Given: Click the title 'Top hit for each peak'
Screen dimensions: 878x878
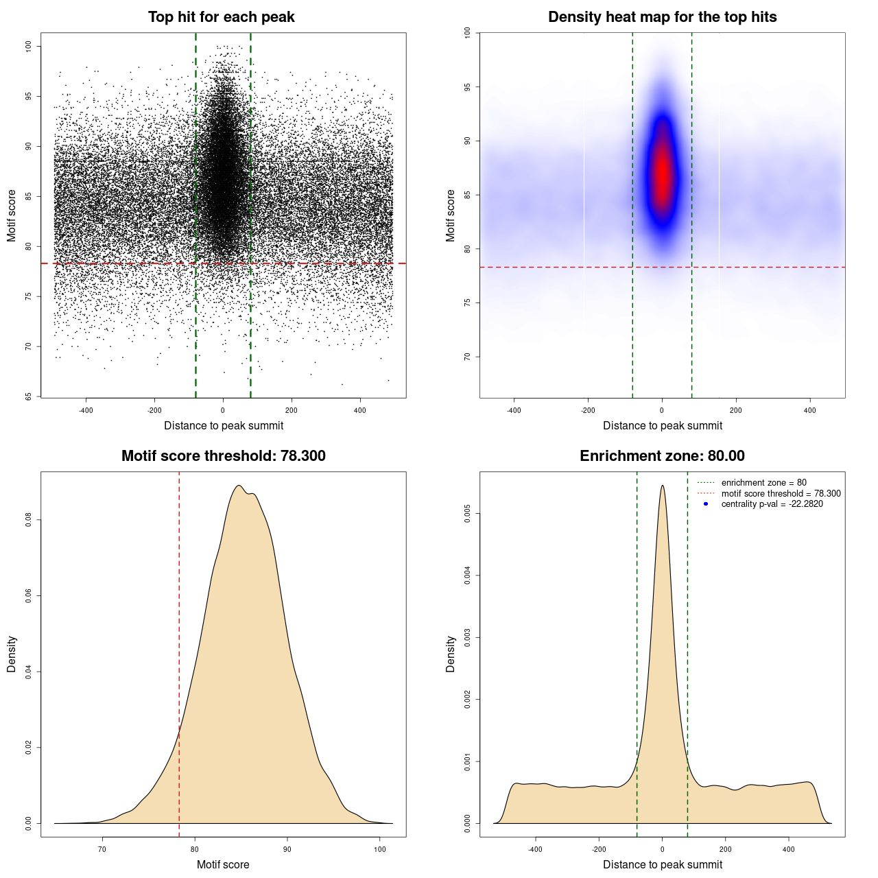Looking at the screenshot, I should click(x=221, y=17).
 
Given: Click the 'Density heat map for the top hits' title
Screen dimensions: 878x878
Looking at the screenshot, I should click(x=662, y=17).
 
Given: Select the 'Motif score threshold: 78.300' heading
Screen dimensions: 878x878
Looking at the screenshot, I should click(x=223, y=456).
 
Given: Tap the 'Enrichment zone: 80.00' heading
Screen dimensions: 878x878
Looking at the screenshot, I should click(x=662, y=456).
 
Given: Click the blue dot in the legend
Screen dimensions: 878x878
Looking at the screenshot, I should click(x=706, y=504).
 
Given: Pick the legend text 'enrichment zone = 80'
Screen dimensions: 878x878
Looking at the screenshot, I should click(x=763, y=483).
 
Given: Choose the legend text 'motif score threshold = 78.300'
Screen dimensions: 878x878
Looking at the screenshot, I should click(x=781, y=494).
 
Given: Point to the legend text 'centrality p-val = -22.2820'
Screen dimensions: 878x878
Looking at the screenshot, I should click(x=772, y=504).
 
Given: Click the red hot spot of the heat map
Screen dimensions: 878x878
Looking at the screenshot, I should click(x=662, y=175).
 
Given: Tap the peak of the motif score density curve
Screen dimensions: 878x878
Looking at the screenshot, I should click(x=239, y=486).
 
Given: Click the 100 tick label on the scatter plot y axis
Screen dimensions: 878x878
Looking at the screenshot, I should click(x=28, y=46).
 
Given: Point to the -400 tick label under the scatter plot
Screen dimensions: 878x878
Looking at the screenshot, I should click(x=86, y=410).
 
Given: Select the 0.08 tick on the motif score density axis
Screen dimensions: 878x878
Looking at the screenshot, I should click(x=28, y=521).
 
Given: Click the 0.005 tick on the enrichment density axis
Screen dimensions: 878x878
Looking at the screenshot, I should click(x=467, y=514).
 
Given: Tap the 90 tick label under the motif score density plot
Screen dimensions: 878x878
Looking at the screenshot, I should click(x=287, y=849).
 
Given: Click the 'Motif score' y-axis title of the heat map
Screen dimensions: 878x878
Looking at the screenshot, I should click(x=450, y=215).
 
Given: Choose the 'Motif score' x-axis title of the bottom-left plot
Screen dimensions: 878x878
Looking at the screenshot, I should click(x=223, y=864).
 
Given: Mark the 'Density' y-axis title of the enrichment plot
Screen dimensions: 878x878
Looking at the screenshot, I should click(x=450, y=654).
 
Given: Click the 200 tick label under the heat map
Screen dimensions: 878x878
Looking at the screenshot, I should click(x=736, y=410).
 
